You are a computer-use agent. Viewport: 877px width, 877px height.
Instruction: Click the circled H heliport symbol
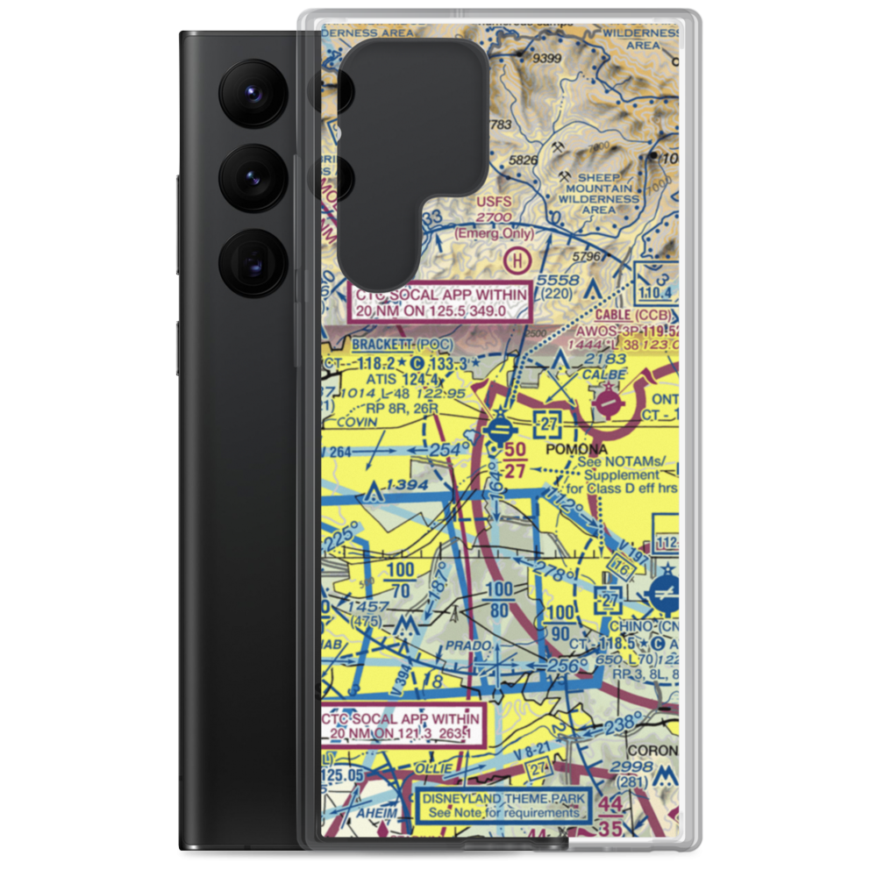tap(519, 260)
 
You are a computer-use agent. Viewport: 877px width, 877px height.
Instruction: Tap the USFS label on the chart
tap(492, 203)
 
